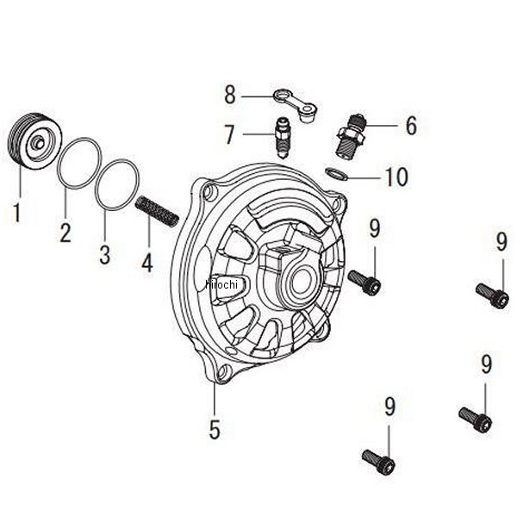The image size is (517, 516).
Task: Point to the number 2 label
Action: (65, 232)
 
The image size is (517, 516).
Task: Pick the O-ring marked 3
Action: (116, 183)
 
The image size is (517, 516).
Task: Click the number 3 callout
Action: (105, 255)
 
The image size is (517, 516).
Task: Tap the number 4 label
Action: (147, 262)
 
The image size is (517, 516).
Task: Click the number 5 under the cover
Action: (215, 428)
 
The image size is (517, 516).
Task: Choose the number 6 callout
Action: (410, 126)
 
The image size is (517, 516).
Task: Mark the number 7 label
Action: (230, 134)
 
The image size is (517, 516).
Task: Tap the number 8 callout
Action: (230, 93)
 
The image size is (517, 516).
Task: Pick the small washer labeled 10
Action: (338, 173)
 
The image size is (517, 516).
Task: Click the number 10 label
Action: (396, 177)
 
